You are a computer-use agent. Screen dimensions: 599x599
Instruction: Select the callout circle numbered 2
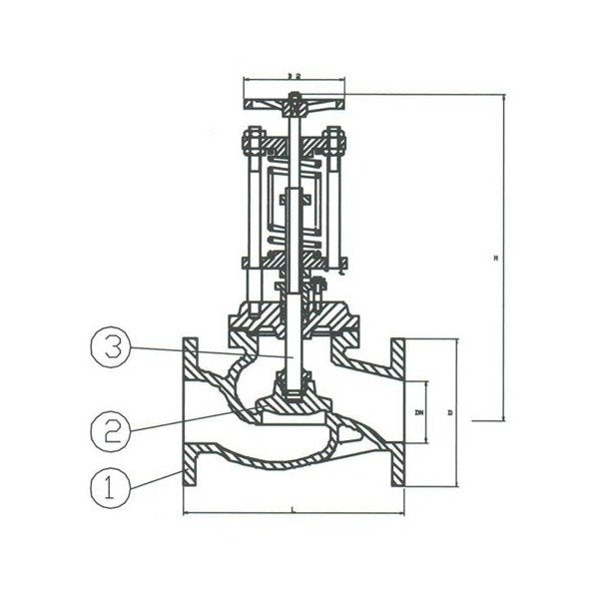tap(112, 430)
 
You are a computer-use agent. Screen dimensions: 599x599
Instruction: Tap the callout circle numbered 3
tap(112, 349)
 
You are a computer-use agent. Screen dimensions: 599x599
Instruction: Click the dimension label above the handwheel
tap(293, 75)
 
